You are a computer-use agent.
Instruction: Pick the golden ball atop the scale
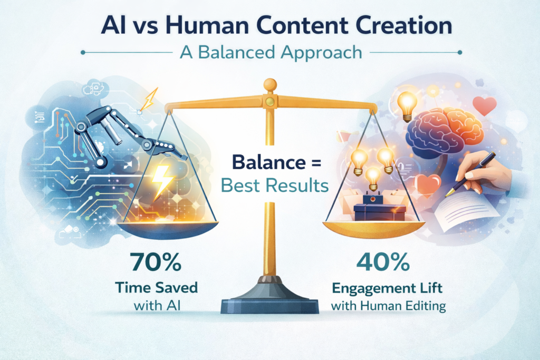click(x=270, y=84)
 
